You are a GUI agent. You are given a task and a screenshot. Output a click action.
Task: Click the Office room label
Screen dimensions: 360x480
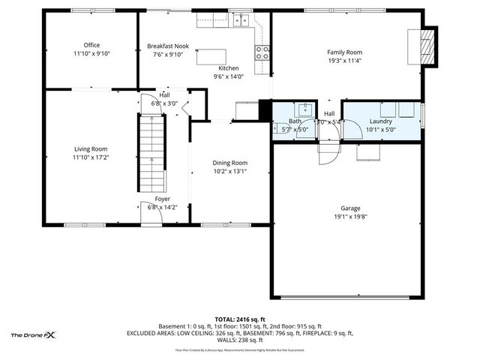[91, 45]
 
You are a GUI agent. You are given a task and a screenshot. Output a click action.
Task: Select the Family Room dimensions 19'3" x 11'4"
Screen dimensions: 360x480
[344, 61]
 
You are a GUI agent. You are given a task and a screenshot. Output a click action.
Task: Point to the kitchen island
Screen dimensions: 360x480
[222, 55]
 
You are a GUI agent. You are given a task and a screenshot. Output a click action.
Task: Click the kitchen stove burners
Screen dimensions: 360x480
[263, 52]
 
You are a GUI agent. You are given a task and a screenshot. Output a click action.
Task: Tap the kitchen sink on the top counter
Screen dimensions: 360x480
[241, 20]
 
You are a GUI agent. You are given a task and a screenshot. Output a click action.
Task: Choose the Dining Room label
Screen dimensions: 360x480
[229, 162]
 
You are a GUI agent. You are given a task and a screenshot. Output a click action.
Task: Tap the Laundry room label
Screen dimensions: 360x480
[381, 121]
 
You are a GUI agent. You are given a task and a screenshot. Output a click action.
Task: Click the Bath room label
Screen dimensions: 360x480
[295, 121]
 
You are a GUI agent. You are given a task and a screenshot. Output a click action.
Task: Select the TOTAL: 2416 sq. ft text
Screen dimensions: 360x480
[239, 319]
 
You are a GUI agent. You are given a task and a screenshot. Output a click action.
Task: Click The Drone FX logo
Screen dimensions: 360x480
[34, 334]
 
